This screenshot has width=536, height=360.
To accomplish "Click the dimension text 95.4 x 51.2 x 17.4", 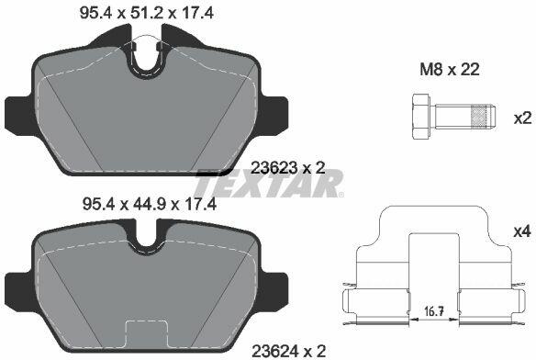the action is coord(147,14).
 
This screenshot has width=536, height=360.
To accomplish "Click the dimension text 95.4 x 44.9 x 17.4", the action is coord(150,205).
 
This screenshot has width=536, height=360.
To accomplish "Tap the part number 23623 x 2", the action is coord(288,168).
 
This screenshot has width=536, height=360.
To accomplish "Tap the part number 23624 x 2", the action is coord(288,351).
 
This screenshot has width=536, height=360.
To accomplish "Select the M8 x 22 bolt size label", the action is coord(450,70).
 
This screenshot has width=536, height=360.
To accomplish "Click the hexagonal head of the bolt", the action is coord(420,117).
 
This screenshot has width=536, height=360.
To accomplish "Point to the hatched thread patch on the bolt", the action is coord(479,117).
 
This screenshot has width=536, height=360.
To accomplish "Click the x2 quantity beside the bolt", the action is coord(522,118).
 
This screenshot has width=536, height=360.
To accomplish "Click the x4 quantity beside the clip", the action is coord(522,231).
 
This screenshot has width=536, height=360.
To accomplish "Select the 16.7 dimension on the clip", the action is coord(434,311).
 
